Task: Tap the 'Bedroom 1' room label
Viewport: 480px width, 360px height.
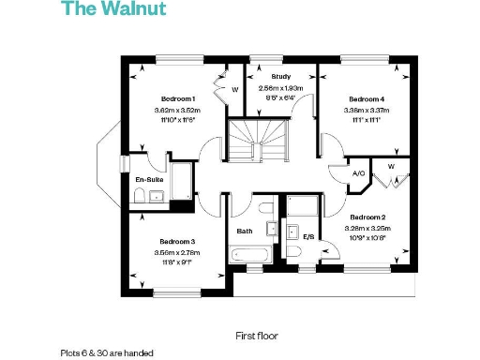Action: coord(177,98)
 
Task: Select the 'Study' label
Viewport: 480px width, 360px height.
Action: coord(280,76)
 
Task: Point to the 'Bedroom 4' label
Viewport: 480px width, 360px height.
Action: coord(366,98)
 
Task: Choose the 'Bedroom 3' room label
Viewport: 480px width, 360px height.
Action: coord(176,240)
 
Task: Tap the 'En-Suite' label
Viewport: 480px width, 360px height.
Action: coord(149,178)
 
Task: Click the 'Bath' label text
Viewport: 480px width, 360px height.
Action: coord(245,231)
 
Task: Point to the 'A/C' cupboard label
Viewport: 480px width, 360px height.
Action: coord(358,174)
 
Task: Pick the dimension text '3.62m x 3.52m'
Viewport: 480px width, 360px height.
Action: coord(177,111)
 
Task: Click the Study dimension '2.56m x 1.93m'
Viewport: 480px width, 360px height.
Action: coord(280,87)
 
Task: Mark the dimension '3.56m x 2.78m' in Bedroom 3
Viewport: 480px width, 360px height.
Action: coord(176,252)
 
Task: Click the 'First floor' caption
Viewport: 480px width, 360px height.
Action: coord(256,335)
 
